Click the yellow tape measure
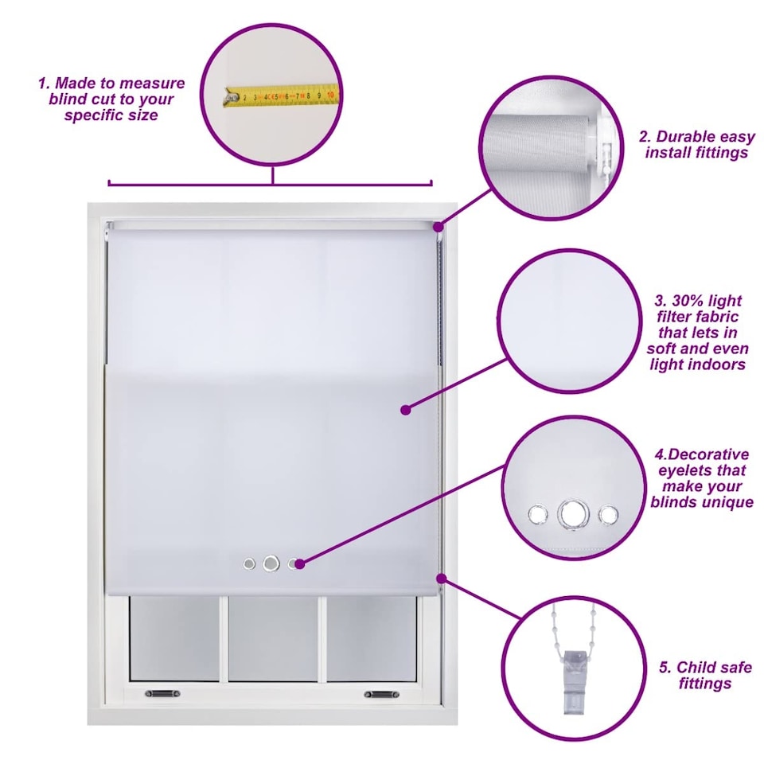point(279,95)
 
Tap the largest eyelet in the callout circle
point(574,514)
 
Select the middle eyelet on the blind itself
point(271,563)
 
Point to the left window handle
point(162,693)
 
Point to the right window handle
point(382,694)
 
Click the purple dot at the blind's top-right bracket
point(439,227)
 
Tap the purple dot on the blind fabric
point(405,410)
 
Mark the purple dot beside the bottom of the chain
point(442,579)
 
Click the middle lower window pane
point(273,639)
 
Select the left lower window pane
point(174,638)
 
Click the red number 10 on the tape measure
point(330,94)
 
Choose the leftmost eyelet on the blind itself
point(249,564)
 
